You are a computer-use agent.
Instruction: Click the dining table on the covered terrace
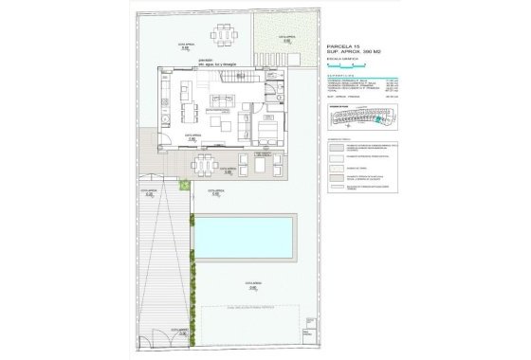204,166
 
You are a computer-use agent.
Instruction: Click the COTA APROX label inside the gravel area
285,38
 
